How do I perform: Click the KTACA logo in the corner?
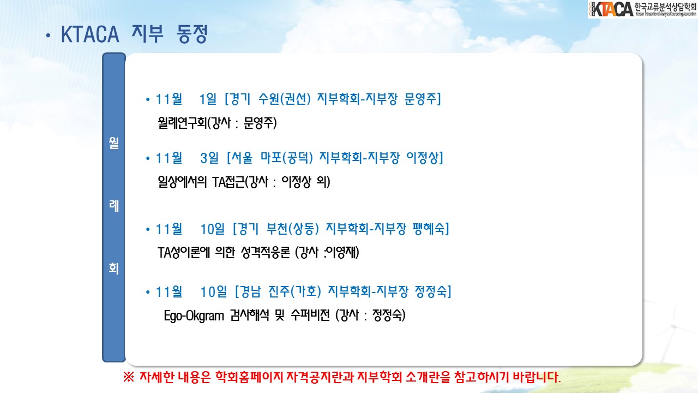[642, 9]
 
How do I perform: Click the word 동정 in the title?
[192, 34]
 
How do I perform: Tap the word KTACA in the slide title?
[90, 34]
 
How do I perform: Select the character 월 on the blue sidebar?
[114, 143]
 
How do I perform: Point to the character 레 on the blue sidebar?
[114, 206]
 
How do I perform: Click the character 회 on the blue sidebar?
[114, 268]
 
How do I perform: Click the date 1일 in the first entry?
[208, 99]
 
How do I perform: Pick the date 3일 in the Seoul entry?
[209, 158]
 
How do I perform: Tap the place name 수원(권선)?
[285, 99]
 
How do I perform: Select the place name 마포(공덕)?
[287, 158]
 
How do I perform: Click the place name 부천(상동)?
[293, 229]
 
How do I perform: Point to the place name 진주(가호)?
[295, 291]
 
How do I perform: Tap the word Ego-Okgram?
[194, 315]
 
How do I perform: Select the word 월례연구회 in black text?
[182, 123]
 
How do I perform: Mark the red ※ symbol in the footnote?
[128, 377]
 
